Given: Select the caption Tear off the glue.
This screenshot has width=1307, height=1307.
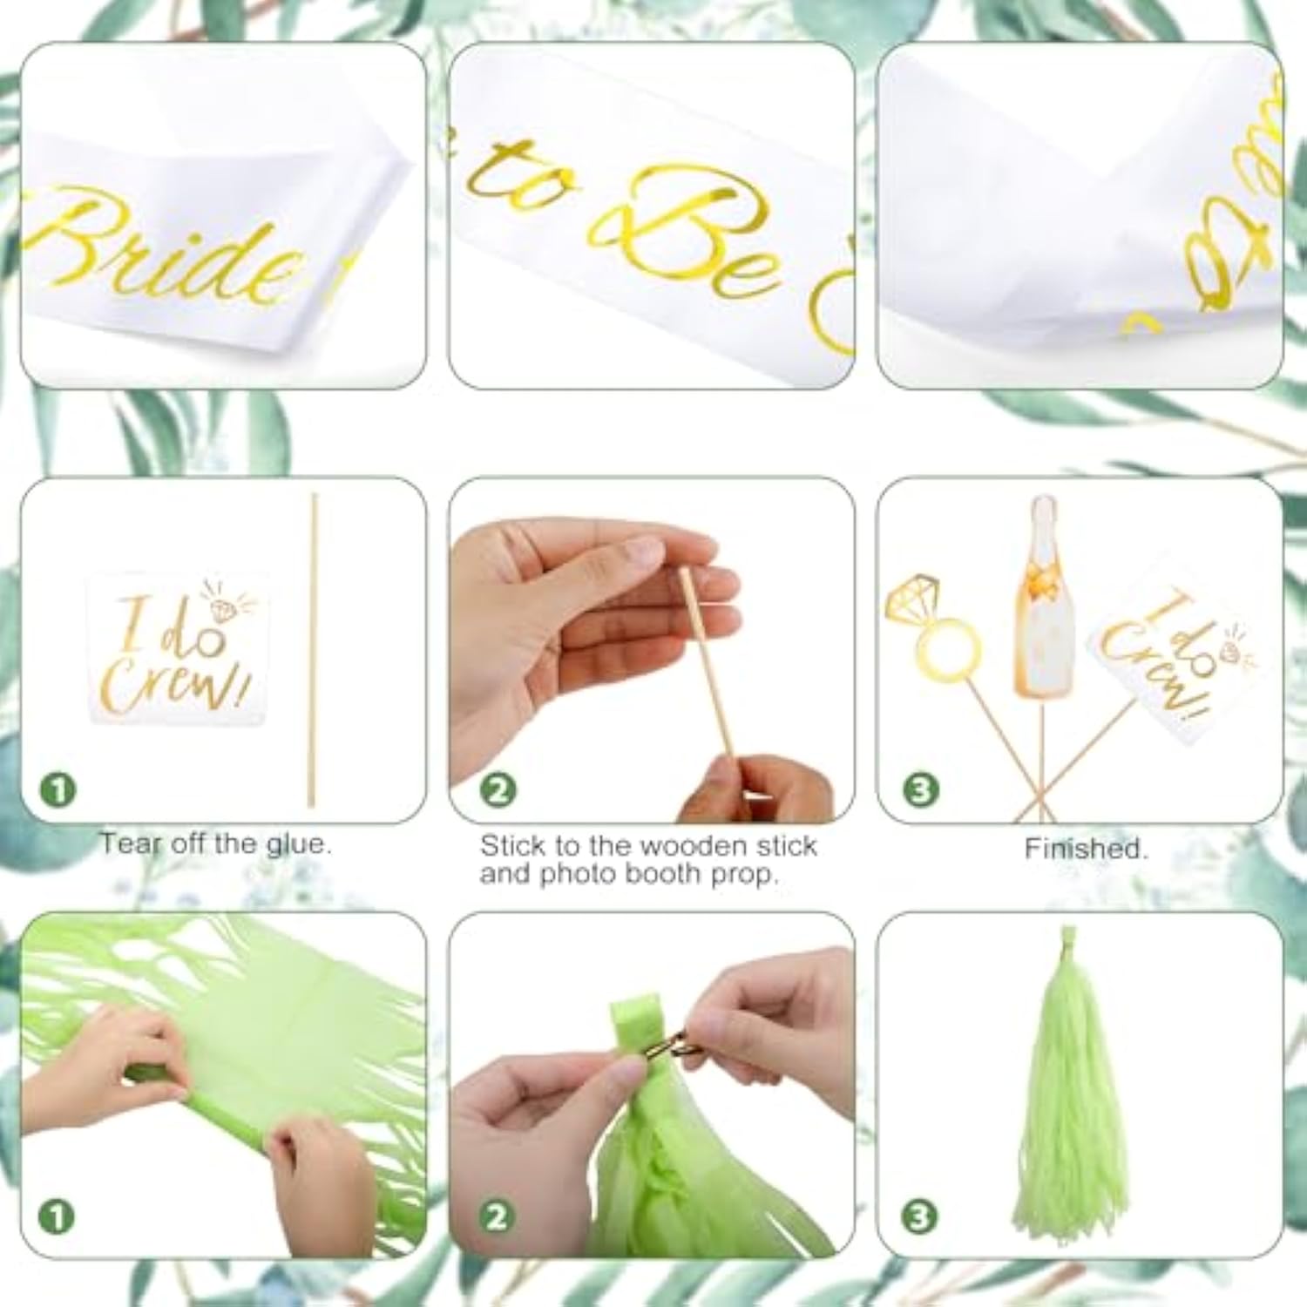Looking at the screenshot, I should pyautogui.click(x=215, y=843).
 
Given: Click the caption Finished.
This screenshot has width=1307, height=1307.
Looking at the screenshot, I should pyautogui.click(x=1086, y=848).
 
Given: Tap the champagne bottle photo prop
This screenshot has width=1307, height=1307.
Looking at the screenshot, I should pyautogui.click(x=1043, y=601).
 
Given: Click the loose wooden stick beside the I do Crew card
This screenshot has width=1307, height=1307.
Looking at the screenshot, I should pyautogui.click(x=313, y=649).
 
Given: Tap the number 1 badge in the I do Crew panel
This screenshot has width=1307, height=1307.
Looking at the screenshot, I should pyautogui.click(x=58, y=790).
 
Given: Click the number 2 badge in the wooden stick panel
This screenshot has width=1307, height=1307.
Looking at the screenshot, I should pyautogui.click(x=498, y=790).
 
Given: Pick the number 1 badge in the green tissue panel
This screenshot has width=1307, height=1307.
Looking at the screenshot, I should pyautogui.click(x=58, y=1216).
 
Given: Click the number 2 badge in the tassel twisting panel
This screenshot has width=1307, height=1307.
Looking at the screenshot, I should pyautogui.click(x=498, y=1216).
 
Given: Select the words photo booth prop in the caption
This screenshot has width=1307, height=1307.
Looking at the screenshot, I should pyautogui.click(x=658, y=874).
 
